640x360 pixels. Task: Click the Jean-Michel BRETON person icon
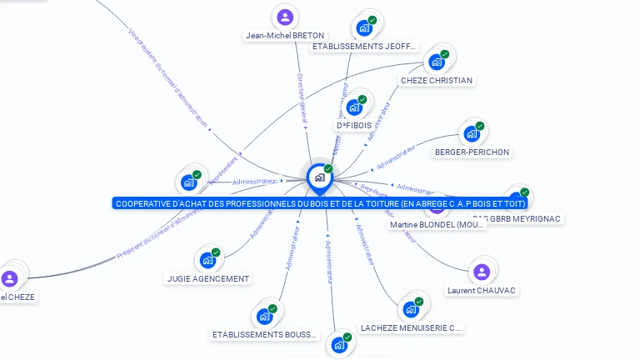click(285, 17)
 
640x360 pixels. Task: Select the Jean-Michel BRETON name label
click(285, 36)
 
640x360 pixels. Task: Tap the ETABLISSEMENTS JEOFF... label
click(363, 47)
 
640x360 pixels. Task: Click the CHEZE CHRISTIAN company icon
click(435, 62)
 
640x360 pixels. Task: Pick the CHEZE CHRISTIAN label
click(437, 81)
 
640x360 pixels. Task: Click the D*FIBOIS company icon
click(353, 107)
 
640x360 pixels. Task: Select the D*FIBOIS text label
click(354, 126)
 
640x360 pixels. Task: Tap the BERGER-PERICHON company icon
click(472, 133)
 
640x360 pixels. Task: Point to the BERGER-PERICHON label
click(472, 152)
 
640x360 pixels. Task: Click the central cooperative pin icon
click(319, 177)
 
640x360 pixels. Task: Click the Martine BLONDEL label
click(437, 225)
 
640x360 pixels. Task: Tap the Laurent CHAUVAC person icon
click(481, 272)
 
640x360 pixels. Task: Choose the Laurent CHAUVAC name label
click(481, 291)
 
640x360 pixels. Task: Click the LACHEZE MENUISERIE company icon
click(410, 309)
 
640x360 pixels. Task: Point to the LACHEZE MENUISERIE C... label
click(411, 328)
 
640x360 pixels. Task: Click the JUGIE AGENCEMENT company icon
click(207, 260)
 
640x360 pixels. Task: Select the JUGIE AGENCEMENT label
click(207, 279)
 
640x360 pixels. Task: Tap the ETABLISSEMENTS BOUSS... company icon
click(264, 316)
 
